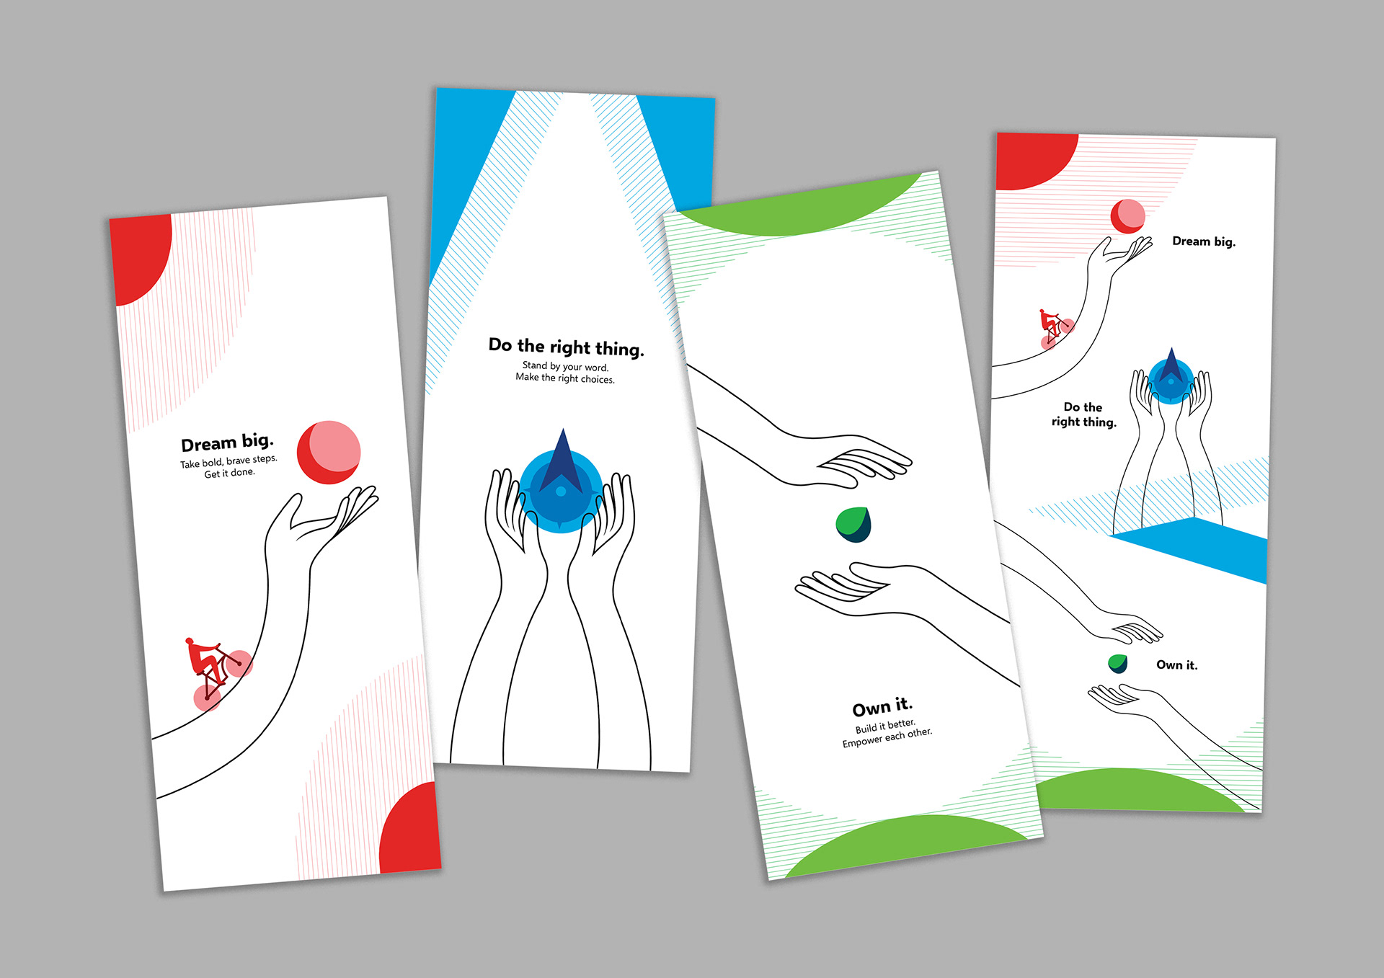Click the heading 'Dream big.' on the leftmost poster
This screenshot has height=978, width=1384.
[227, 442]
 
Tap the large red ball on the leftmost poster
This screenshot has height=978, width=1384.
[329, 453]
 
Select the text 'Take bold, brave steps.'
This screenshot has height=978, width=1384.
[229, 461]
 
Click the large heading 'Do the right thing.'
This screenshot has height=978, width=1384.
[566, 347]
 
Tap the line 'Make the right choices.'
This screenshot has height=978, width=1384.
[565, 378]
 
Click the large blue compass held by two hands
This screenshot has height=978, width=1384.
[561, 486]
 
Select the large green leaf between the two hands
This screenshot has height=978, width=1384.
[853, 524]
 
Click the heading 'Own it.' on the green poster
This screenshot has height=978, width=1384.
[882, 707]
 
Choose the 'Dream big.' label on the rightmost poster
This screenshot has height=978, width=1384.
[1204, 241]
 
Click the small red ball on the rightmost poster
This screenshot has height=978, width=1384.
[1128, 216]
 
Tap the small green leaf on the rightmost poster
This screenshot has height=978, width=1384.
[1117, 663]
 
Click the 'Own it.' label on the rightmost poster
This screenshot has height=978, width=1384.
[1176, 665]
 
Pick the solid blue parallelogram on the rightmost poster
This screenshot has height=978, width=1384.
[1197, 548]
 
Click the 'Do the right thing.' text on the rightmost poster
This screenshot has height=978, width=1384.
[1083, 414]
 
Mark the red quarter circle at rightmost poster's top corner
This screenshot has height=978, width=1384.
[1029, 160]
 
